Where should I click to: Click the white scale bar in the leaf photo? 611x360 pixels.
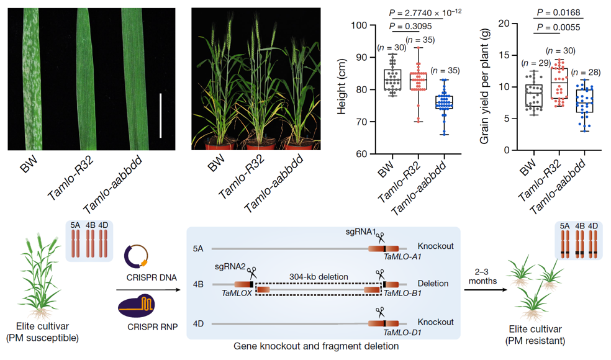(160, 115)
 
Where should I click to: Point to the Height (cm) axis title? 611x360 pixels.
(341, 89)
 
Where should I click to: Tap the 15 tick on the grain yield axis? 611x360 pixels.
(511, 55)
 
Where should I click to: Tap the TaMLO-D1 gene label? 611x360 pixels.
(404, 332)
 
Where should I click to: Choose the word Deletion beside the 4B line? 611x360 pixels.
(433, 284)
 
